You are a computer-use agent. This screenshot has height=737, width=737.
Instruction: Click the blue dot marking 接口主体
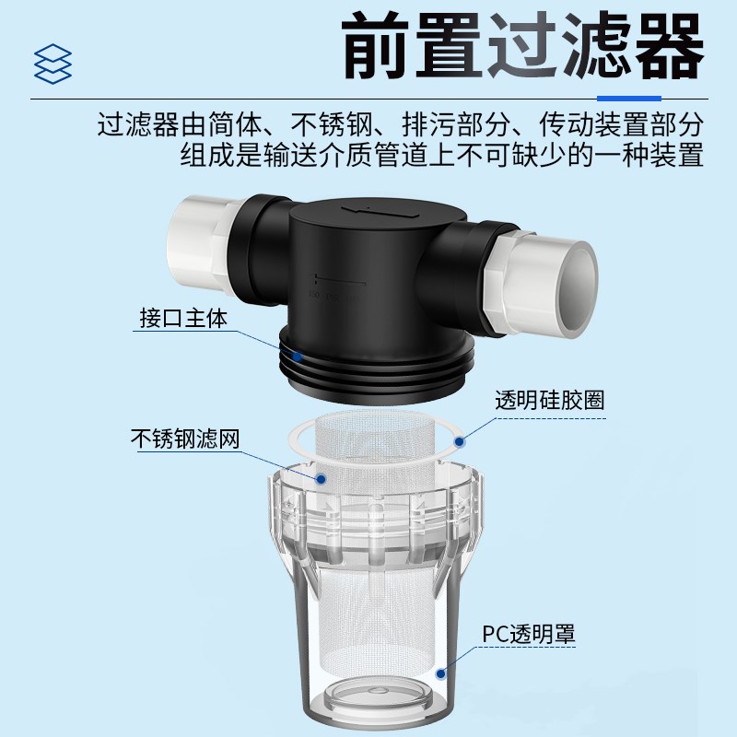296,354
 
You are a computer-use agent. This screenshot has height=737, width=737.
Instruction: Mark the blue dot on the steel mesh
321,479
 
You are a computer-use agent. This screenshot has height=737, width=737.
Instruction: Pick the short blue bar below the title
628,97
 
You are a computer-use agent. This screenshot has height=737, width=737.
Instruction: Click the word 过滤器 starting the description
137,125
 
